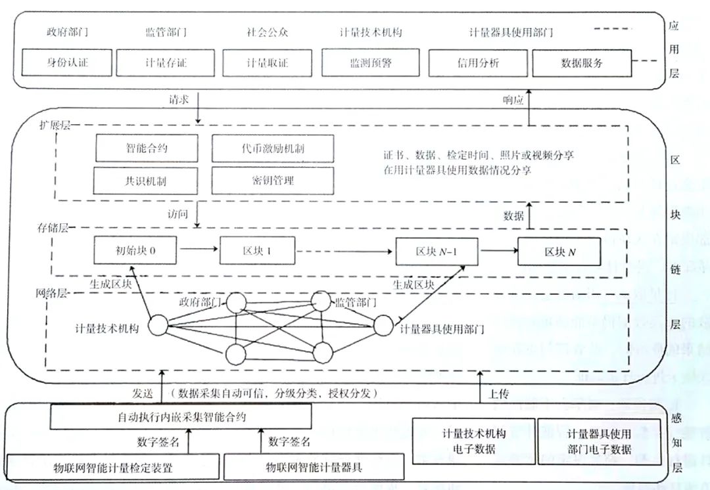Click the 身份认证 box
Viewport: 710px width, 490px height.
point(67,64)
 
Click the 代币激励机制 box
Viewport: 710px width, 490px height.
point(272,148)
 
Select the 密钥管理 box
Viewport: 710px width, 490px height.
point(272,180)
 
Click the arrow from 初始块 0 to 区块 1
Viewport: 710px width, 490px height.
point(199,250)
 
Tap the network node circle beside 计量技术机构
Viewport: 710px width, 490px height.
point(158,326)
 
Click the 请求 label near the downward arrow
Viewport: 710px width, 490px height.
point(179,99)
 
